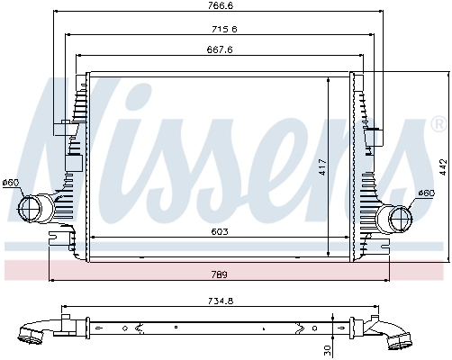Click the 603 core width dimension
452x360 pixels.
coord(220,232)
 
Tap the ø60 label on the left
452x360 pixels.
coord(11,184)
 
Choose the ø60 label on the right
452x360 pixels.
coord(427,193)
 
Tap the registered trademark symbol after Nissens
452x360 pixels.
coord(438,124)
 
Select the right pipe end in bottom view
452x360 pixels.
coord(400,342)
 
